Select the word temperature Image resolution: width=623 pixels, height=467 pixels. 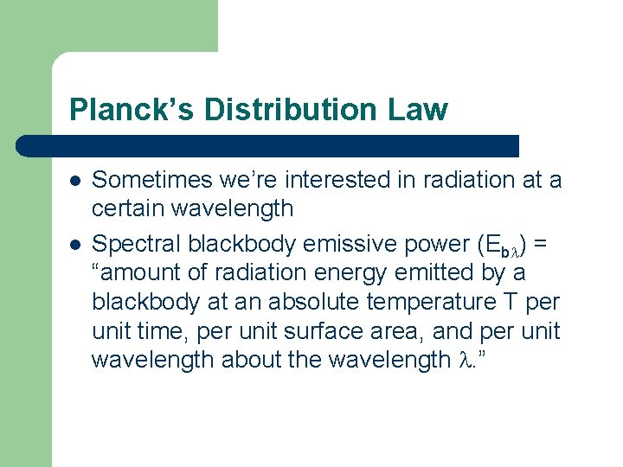tap(449, 303)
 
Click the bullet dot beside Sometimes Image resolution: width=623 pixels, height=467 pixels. tap(74, 180)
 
